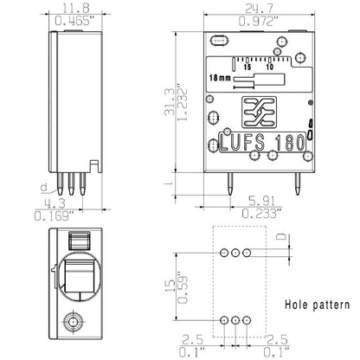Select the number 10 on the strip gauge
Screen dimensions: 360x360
click(x=270, y=67)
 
